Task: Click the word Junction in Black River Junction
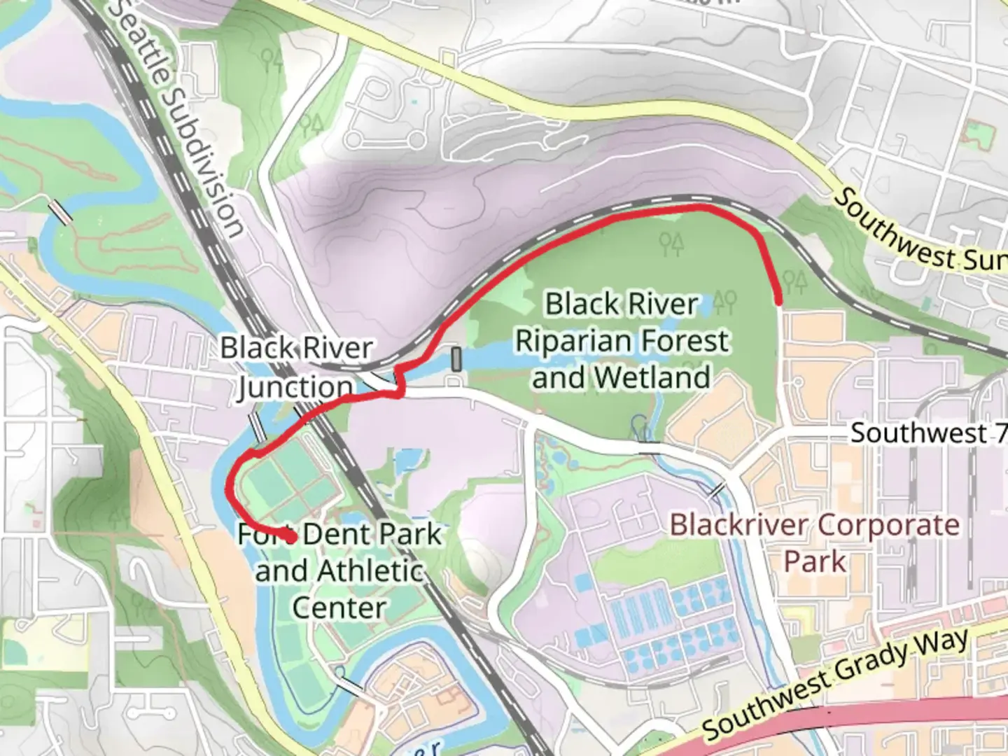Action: click(x=295, y=387)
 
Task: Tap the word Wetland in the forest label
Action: click(x=652, y=378)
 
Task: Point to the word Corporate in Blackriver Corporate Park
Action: click(x=888, y=525)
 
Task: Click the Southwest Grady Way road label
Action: click(x=836, y=683)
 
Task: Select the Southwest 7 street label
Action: click(x=928, y=433)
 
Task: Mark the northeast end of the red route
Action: click(x=778, y=301)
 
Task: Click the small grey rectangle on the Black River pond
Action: click(x=456, y=360)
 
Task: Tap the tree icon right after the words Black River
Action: click(x=724, y=302)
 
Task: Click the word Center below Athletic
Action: click(x=339, y=608)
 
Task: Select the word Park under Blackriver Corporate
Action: click(x=815, y=561)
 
